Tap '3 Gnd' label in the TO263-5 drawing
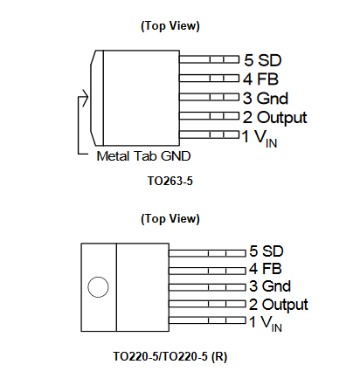(267, 98)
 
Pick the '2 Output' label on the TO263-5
(275, 116)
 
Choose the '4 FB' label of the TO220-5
(265, 268)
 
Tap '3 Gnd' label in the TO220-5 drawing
(269, 286)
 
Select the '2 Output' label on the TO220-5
(278, 305)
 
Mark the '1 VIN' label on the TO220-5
(266, 324)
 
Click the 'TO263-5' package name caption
(170, 185)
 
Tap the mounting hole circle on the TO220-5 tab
(99, 286)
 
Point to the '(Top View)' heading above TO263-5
(170, 26)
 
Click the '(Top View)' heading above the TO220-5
(170, 217)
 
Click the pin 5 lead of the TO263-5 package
(209, 60)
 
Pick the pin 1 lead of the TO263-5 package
(209, 134)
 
